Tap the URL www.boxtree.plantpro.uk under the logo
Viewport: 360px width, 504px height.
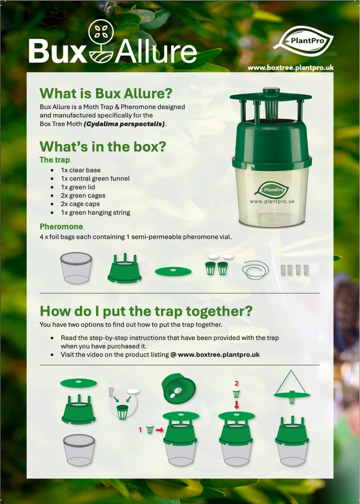pyautogui.click(x=290, y=68)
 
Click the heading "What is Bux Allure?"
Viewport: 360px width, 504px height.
pyautogui.click(x=105, y=93)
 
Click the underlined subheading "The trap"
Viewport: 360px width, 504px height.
pyautogui.click(x=55, y=160)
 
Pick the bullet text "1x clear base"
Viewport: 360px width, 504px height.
pyautogui.click(x=80, y=170)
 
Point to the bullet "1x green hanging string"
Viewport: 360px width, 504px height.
pyautogui.click(x=95, y=213)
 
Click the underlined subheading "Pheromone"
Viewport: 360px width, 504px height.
pyautogui.click(x=61, y=226)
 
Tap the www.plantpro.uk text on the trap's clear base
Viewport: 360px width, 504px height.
pyautogui.click(x=272, y=201)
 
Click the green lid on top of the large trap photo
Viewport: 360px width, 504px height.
pyautogui.click(x=271, y=97)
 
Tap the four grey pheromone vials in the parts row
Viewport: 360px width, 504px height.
pyautogui.click(x=293, y=270)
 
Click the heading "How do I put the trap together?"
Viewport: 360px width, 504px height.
pyautogui.click(x=142, y=311)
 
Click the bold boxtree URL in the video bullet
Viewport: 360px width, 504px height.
pyautogui.click(x=219, y=355)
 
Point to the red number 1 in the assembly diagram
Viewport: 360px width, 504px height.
pyautogui.click(x=140, y=429)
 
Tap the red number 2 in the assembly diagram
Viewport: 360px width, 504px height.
pyautogui.click(x=236, y=383)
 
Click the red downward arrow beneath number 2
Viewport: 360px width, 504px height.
pyautogui.click(x=236, y=405)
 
